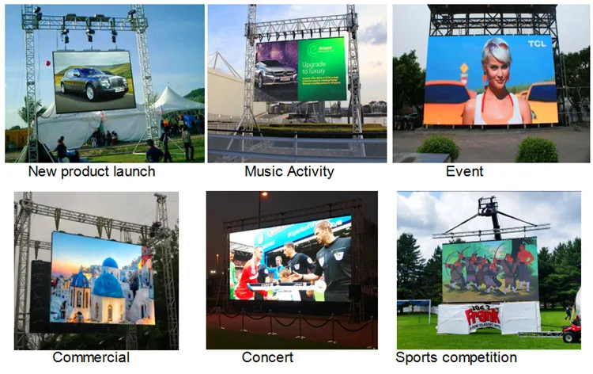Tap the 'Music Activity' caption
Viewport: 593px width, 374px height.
click(x=289, y=171)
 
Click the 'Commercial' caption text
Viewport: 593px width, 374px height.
click(x=90, y=357)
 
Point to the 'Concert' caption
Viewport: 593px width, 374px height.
click(x=267, y=357)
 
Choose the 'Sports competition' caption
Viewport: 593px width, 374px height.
click(x=455, y=357)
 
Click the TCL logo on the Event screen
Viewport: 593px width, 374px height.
click(x=538, y=44)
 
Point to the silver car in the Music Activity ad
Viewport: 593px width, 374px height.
click(x=276, y=75)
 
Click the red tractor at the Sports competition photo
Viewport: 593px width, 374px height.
click(x=572, y=332)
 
